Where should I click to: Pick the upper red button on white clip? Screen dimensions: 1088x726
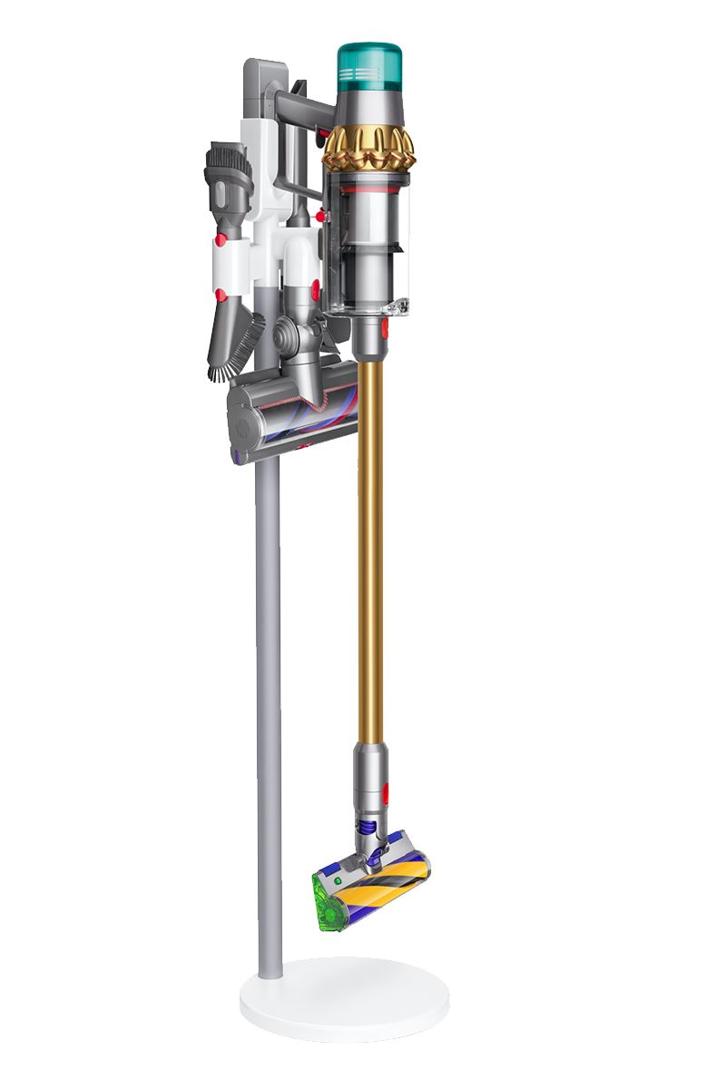pos(221,240)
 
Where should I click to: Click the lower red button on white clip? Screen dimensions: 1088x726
pos(221,295)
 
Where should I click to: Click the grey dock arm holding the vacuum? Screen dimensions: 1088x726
pos(299,101)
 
